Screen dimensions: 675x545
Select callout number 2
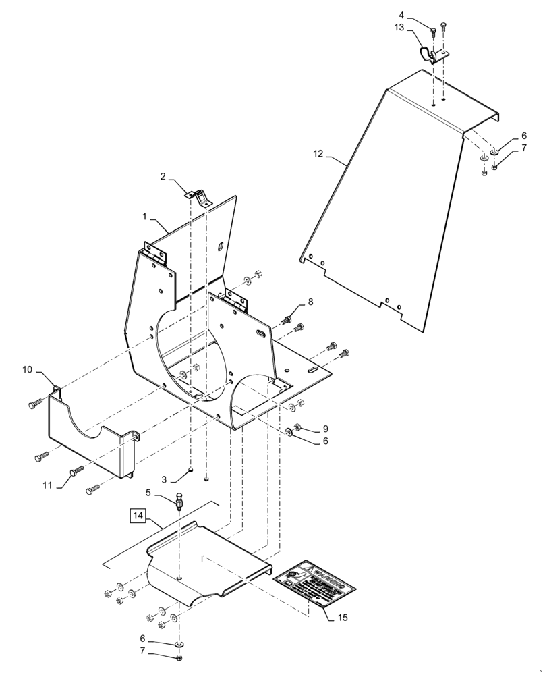pos(163,177)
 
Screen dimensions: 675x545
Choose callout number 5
pos(159,493)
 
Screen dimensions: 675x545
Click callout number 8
pos(310,303)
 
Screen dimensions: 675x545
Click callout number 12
pos(318,155)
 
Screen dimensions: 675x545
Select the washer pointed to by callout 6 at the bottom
pos(179,645)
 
